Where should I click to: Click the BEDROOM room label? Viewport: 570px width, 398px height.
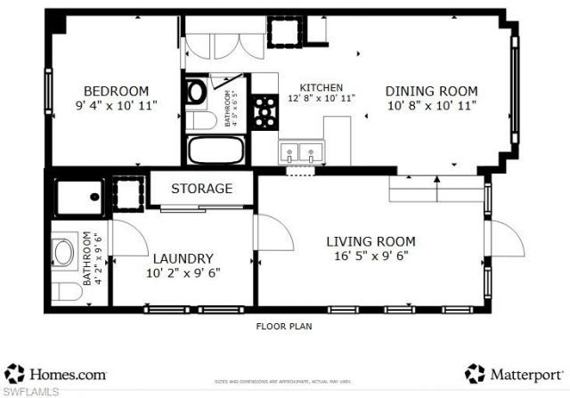(116, 91)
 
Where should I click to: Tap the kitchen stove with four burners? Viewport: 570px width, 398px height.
(265, 111)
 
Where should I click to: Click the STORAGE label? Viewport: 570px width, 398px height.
(201, 189)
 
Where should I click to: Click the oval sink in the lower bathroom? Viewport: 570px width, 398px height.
(65, 253)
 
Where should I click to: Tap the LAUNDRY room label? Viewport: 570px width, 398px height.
(182, 257)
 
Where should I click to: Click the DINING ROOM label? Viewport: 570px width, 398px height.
(431, 91)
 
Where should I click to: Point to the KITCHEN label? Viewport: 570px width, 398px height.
(321, 87)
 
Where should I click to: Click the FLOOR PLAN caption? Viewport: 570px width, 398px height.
(284, 327)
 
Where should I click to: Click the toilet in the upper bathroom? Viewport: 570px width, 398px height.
(199, 121)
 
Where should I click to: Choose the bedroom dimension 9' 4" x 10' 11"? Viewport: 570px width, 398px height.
(116, 105)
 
